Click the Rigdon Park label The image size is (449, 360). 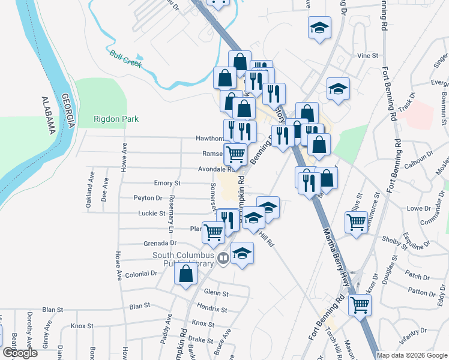pyautogui.click(x=116, y=119)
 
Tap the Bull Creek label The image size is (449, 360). pyautogui.click(x=125, y=58)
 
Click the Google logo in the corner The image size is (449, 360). pyautogui.click(x=20, y=353)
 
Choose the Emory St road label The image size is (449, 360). pyautogui.click(x=167, y=183)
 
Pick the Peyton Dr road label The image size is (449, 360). pyautogui.click(x=148, y=198)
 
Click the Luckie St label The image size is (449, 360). pyautogui.click(x=151, y=214)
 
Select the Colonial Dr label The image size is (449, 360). pyautogui.click(x=142, y=273)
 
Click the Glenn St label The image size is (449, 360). pyautogui.click(x=217, y=293)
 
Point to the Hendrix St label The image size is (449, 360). pyautogui.click(x=212, y=310)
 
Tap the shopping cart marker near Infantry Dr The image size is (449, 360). pyautogui.click(x=360, y=304)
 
